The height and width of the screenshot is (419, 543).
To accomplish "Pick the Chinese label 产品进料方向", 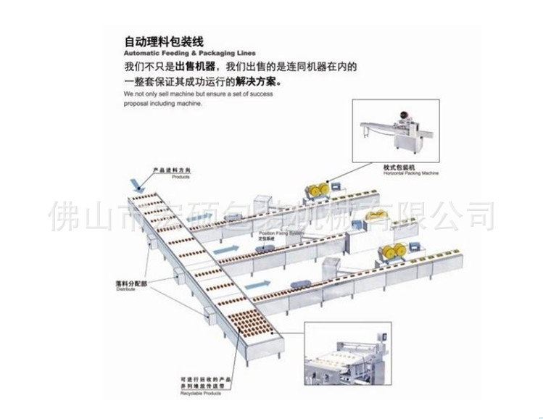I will point(171,170).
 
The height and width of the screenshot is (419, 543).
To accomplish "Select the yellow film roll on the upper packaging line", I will point(316,190).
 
